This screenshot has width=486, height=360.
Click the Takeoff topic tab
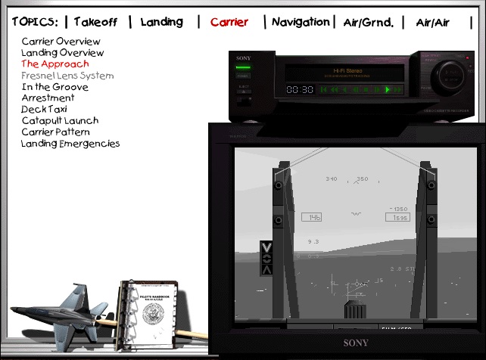[x=95, y=22]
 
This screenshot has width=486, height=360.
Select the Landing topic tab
[x=161, y=22]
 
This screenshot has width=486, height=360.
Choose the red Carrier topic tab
[x=229, y=22]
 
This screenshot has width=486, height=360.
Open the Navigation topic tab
[x=301, y=22]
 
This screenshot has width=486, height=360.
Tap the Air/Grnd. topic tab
[x=369, y=23]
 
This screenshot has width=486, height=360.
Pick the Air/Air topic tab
[x=433, y=23]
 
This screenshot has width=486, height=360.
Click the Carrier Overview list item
[x=61, y=42]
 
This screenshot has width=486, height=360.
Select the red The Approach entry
[x=55, y=64]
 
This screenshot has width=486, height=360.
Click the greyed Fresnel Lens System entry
[x=67, y=76]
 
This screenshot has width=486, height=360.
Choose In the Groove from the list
[x=55, y=87]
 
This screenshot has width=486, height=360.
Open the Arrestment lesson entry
[x=48, y=98]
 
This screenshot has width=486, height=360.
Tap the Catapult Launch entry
[x=60, y=121]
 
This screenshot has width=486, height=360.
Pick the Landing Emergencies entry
[x=70, y=144]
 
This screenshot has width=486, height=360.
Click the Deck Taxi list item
[x=44, y=110]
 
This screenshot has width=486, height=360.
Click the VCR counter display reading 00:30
[x=300, y=89]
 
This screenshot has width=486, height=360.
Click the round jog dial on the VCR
[x=447, y=79]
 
